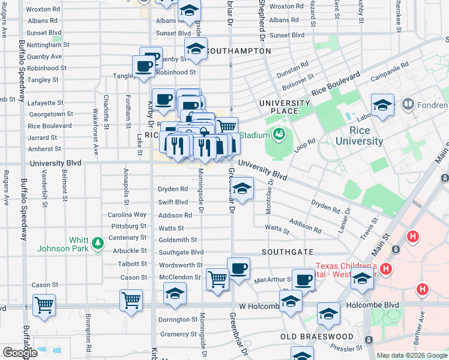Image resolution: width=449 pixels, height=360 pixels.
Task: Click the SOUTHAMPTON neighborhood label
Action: click(238, 51)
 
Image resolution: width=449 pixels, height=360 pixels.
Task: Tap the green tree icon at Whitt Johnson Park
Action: click(98, 244)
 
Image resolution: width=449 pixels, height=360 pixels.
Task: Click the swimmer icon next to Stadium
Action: click(279, 134)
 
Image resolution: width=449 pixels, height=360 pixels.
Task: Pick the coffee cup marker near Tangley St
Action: click(143, 67)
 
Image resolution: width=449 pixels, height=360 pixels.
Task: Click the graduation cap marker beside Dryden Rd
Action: click(241, 190)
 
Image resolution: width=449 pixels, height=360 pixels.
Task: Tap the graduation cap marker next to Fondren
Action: click(382, 106)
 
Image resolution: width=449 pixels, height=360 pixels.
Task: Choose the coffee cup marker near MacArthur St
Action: click(238, 268)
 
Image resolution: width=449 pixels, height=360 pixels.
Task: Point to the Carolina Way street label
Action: click(127, 214)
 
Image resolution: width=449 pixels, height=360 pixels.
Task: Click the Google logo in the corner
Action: click(20, 352)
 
